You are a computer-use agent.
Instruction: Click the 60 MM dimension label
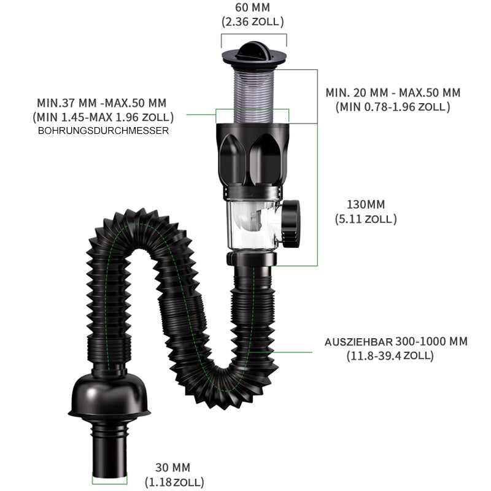tap(252, 7)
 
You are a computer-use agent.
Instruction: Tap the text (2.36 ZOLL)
tap(253, 21)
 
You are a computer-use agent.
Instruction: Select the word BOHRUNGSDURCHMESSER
tap(103, 131)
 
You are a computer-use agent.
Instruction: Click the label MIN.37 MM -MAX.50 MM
tap(101, 102)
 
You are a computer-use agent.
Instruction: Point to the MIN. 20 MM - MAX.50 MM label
tap(393, 93)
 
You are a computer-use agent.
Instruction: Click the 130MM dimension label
tap(366, 204)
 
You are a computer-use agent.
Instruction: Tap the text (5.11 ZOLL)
tap(366, 218)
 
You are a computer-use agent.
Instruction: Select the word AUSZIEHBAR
tap(358, 342)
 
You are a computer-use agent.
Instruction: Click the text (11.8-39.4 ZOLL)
tap(390, 356)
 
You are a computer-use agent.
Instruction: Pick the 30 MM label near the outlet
tap(173, 468)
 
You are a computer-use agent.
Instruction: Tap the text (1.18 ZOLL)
tap(174, 482)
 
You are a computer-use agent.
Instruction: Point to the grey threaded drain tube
tap(254, 95)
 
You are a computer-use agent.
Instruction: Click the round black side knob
tap(291, 224)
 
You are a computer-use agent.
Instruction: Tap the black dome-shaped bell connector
tap(109, 395)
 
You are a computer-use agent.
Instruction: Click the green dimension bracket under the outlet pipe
tap(110, 482)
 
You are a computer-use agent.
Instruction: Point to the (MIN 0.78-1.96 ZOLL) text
tap(393, 107)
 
